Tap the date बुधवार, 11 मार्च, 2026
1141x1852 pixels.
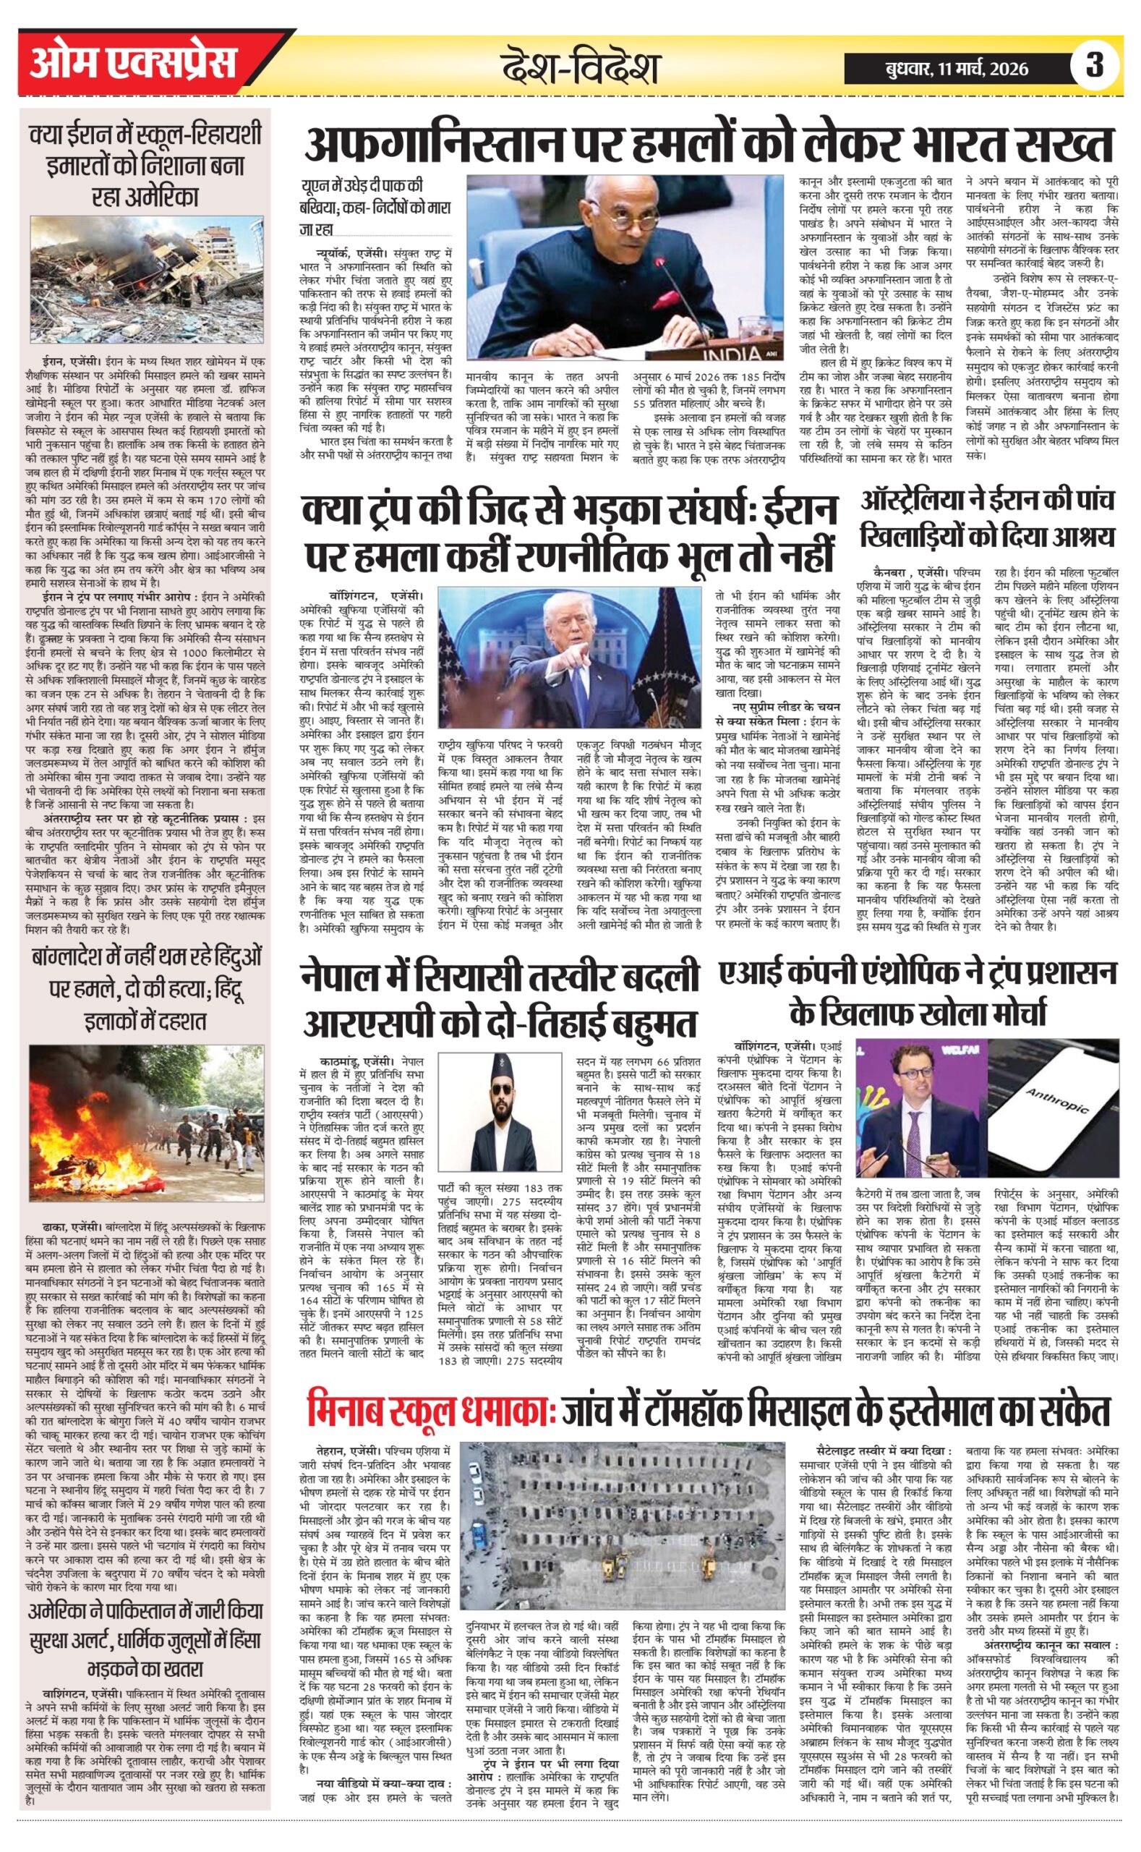tap(957, 69)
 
